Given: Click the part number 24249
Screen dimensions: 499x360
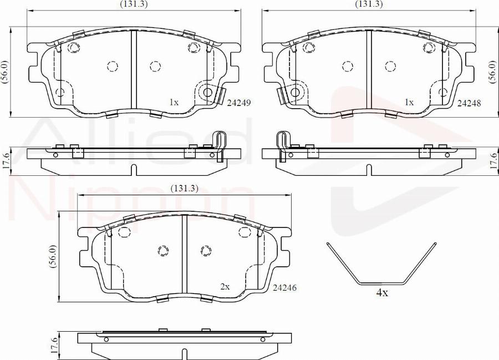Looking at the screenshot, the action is click(239, 103).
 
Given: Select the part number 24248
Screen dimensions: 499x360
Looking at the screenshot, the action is click(469, 103).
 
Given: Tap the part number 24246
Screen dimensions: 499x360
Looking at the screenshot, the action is click(284, 288).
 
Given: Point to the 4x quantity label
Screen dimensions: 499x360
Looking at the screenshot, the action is click(382, 293).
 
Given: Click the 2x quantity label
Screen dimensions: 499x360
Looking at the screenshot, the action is click(225, 287).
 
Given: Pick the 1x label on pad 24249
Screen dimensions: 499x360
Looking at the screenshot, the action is click(174, 102).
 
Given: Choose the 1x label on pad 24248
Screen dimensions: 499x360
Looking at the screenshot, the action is click(409, 102).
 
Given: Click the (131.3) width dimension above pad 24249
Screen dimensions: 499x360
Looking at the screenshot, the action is click(134, 4).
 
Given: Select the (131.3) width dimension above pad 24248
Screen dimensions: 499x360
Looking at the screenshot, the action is click(369, 4).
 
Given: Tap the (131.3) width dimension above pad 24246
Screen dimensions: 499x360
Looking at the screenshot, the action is click(185, 189).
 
